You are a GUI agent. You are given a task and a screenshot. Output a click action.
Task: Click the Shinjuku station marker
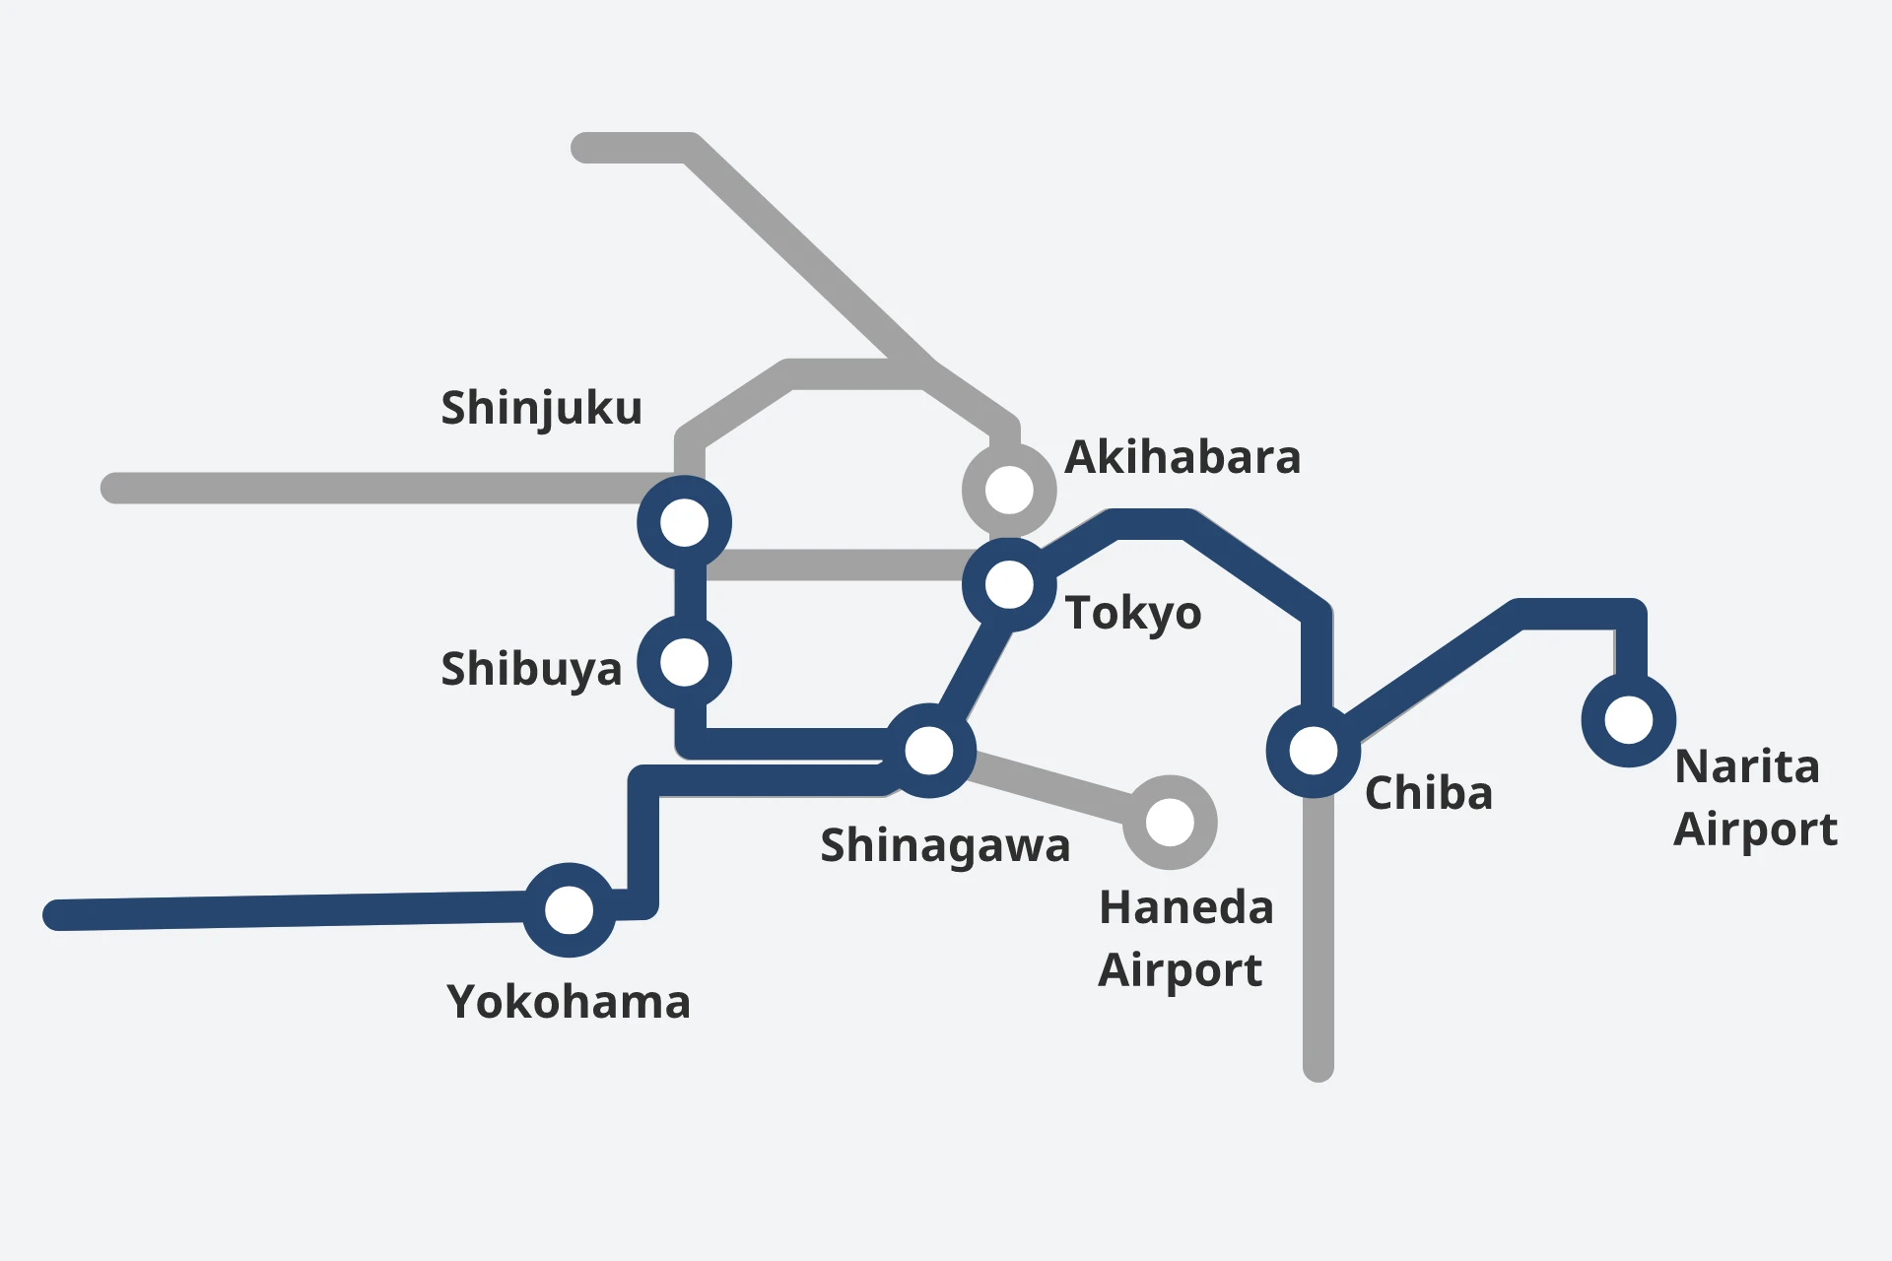(684, 522)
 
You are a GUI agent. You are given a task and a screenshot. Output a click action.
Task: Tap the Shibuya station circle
(684, 662)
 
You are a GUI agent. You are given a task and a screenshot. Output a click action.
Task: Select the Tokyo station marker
(1009, 584)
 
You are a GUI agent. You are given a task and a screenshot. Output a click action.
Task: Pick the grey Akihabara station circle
(1009, 490)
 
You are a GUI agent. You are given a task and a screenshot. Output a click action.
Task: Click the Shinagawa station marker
(928, 751)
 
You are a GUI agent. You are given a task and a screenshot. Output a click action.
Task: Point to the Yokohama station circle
(569, 909)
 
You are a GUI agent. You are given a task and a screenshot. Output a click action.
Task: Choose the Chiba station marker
(1314, 751)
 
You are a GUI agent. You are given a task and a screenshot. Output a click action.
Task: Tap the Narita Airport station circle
(1628, 720)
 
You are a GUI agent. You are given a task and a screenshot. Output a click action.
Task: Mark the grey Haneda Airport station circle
(1170, 822)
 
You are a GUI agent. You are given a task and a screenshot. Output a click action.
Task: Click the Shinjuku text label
(541, 408)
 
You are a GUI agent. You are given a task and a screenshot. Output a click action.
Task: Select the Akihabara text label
(1182, 457)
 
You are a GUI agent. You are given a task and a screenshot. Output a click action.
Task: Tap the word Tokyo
(1133, 613)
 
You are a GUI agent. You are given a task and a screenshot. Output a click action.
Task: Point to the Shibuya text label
(531, 669)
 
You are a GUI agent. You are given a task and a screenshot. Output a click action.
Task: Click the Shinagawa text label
(945, 845)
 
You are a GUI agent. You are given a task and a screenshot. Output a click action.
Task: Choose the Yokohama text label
(569, 1002)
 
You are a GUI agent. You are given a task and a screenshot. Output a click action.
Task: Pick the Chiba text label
(1428, 793)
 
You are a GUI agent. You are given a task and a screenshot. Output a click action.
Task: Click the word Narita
(1746, 766)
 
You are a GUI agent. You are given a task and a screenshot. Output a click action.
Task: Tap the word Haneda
(1185, 907)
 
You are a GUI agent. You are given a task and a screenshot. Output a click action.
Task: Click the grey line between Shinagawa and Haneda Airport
(1049, 786)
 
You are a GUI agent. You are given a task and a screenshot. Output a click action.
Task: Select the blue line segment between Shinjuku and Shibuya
(690, 592)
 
